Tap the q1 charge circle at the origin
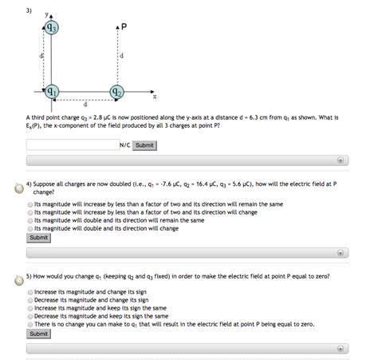pos(51,91)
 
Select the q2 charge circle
pos(116,91)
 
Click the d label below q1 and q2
pos(84,104)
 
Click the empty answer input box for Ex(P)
pos(72,145)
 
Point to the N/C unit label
pos(124,145)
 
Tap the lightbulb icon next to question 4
pos(18,188)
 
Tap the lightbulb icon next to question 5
pos(18,279)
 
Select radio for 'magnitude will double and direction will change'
pos(30,227)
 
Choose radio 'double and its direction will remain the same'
pos(30,220)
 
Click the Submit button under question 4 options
pos(38,237)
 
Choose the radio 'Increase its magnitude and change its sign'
pos(30,292)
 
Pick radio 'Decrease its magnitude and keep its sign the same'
pos(30,316)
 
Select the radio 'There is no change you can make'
pos(30,324)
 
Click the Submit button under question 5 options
pos(38,334)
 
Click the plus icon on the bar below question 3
pos(341,160)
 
